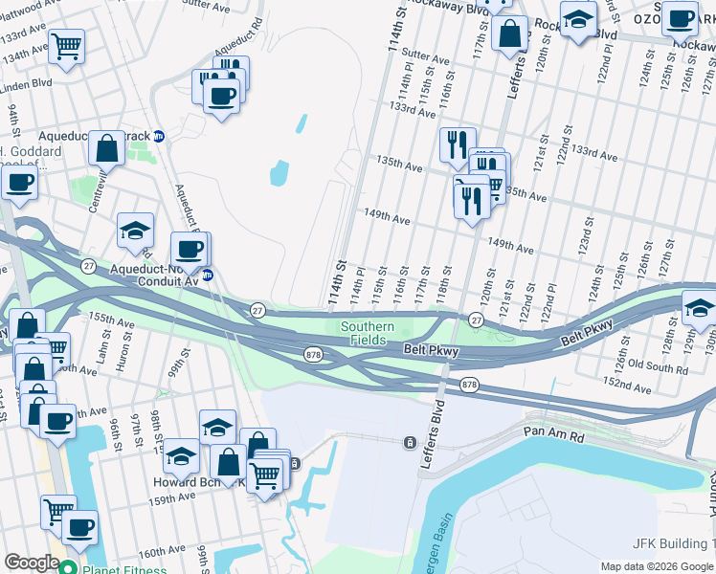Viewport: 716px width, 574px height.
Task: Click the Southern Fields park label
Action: coord(368,333)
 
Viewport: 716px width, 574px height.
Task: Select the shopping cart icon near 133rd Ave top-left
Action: coord(66,46)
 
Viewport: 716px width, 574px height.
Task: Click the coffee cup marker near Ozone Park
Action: coord(681,19)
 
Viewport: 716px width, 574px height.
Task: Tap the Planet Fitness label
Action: coord(123,566)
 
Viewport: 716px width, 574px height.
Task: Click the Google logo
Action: coord(31,563)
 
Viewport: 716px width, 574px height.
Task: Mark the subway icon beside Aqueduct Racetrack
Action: coord(159,136)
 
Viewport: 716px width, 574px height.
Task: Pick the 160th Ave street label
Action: coord(160,553)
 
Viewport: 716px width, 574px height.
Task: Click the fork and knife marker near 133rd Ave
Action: coord(457,145)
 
